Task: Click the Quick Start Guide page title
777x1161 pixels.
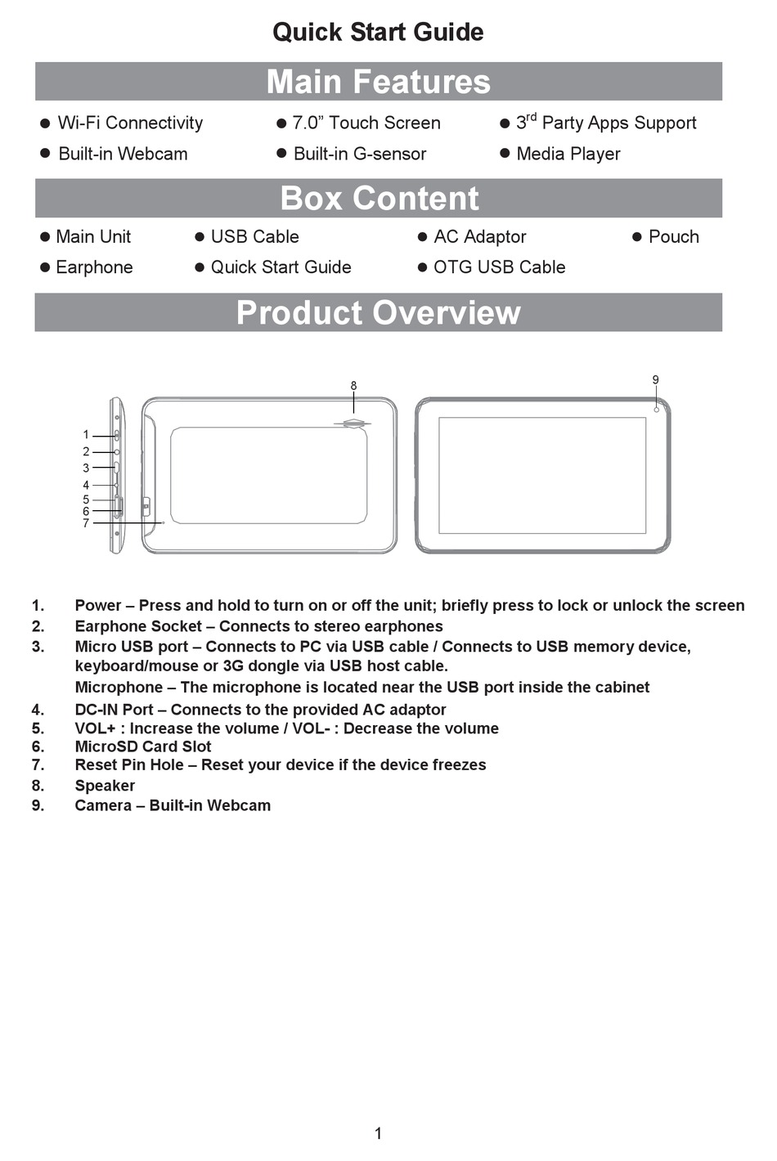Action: tap(378, 32)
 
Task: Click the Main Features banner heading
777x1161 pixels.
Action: tap(378, 82)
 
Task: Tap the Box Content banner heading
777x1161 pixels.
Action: tap(379, 199)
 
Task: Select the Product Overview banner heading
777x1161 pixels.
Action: tap(378, 313)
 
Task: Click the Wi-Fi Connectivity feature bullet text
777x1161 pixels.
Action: tap(130, 123)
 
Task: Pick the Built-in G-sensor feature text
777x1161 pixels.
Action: tap(359, 154)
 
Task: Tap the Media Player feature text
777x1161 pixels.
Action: tap(568, 154)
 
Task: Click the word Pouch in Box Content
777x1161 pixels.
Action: tap(673, 237)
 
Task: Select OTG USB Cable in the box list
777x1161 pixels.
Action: tap(499, 267)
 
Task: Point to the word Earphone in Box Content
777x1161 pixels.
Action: tap(94, 267)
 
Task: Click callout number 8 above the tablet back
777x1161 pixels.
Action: tap(353, 386)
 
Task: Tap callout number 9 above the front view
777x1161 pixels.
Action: tap(655, 379)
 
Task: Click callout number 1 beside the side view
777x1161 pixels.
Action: tap(86, 435)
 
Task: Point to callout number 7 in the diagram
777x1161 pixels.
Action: tap(86, 523)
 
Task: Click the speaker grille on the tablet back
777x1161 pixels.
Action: tap(353, 424)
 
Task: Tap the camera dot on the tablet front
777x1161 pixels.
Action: tap(657, 409)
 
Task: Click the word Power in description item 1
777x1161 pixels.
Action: tap(97, 606)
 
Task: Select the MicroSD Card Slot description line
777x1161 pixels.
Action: tap(143, 746)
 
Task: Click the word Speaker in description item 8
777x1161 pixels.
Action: tap(105, 786)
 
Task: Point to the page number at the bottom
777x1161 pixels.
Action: tap(378, 1133)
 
